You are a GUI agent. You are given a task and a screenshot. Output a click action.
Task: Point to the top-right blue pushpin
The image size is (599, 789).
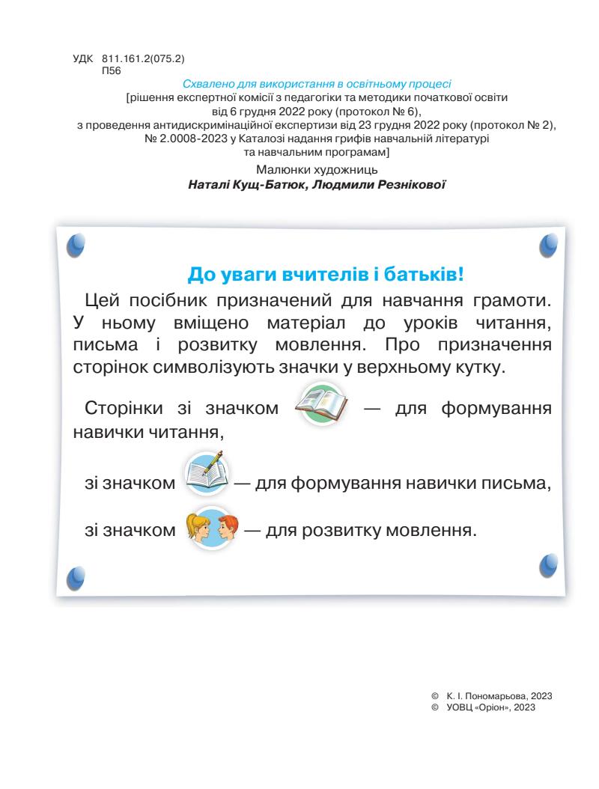pyautogui.click(x=549, y=243)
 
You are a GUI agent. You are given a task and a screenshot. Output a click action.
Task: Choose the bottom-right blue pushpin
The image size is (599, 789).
pyautogui.click(x=549, y=563)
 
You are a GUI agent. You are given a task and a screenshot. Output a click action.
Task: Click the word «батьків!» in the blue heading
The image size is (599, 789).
pyautogui.click(x=426, y=274)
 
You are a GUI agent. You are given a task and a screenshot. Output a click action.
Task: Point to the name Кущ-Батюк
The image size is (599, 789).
pyautogui.click(x=260, y=183)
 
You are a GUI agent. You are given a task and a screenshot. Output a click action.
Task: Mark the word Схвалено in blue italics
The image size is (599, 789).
pyautogui.click(x=208, y=84)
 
